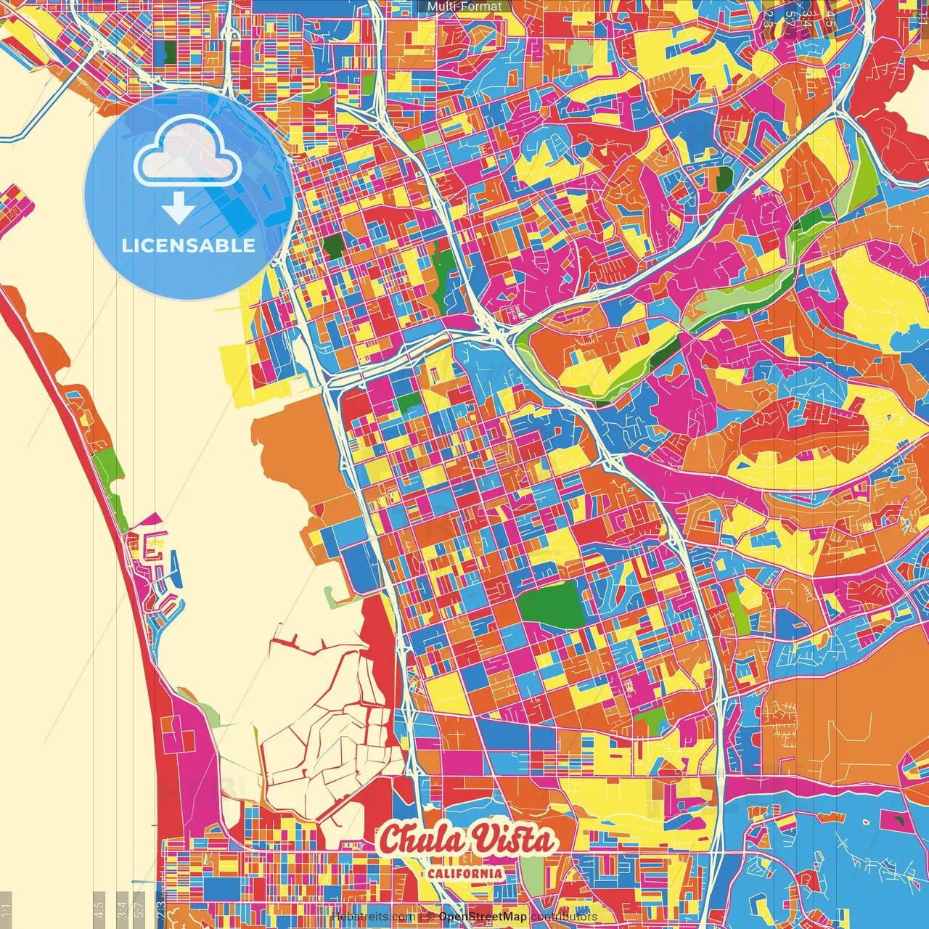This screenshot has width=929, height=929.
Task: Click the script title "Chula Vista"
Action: click(467, 840)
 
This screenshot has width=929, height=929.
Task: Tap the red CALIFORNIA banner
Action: click(464, 873)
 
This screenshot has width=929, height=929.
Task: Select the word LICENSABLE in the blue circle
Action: click(188, 245)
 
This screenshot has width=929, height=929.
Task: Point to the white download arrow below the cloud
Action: click(178, 208)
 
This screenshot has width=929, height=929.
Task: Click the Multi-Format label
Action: click(464, 7)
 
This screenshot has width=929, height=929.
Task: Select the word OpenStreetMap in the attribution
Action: click(483, 917)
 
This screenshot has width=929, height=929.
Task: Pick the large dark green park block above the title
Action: click(552, 604)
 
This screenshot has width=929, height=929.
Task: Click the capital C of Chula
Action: click(392, 840)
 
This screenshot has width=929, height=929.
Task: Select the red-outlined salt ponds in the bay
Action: click(327, 733)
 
